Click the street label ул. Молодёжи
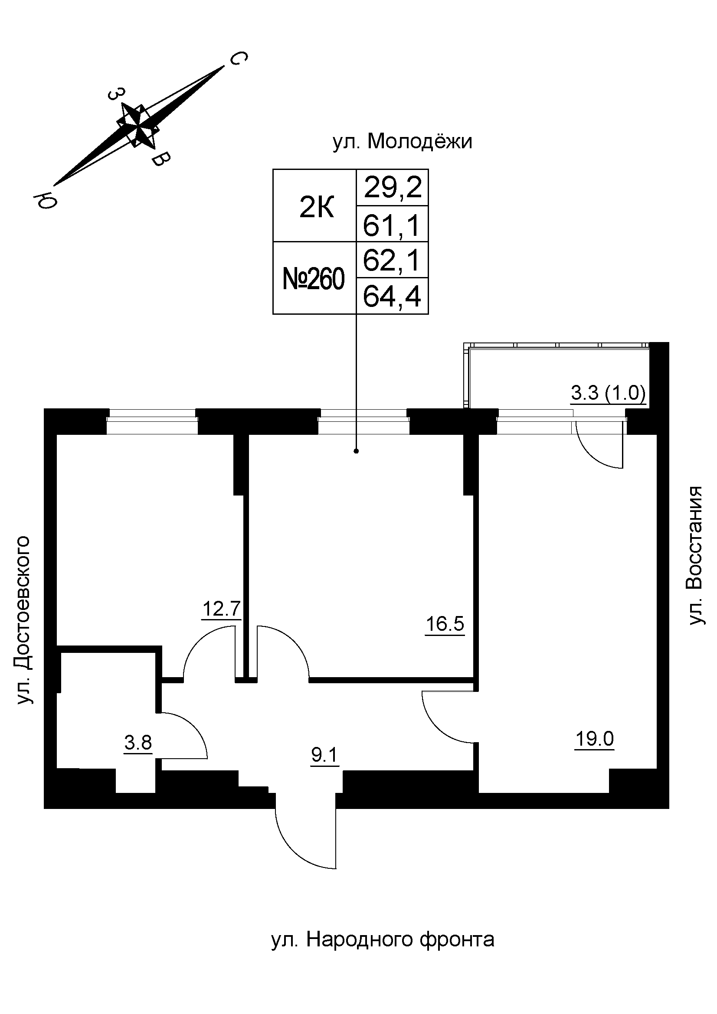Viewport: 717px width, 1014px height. click(402, 142)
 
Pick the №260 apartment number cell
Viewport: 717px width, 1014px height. click(313, 280)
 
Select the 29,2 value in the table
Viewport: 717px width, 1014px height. click(393, 188)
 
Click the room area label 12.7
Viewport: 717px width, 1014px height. click(221, 609)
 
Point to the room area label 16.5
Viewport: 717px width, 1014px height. click(445, 624)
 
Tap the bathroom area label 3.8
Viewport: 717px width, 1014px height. click(138, 742)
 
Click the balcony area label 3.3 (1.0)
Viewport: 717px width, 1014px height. click(608, 393)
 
